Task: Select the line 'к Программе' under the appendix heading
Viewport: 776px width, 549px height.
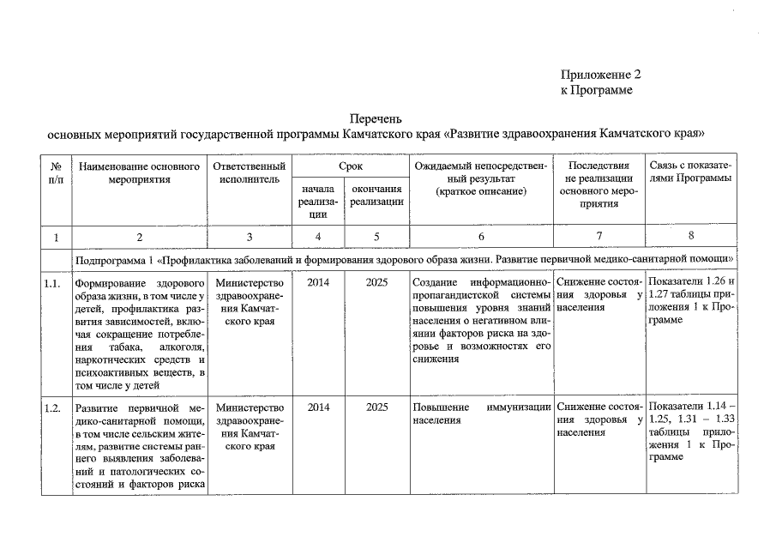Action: coord(596,90)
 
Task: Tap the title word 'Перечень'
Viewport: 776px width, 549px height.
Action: coord(376,119)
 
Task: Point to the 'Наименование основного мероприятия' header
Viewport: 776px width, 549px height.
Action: coord(139,172)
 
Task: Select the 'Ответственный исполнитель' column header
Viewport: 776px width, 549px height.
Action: coord(249,172)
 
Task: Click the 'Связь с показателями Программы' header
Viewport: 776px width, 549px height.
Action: coord(690,172)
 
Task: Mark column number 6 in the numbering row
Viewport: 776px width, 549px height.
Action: coord(480,236)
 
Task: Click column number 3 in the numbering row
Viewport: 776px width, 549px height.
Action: coord(249,236)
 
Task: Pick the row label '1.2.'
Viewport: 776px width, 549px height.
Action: coord(53,407)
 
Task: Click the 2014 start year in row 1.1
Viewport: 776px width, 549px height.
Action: coord(318,283)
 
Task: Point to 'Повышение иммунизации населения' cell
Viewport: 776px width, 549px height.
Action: coord(480,413)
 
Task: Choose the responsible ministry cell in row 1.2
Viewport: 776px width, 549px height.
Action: coord(249,426)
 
